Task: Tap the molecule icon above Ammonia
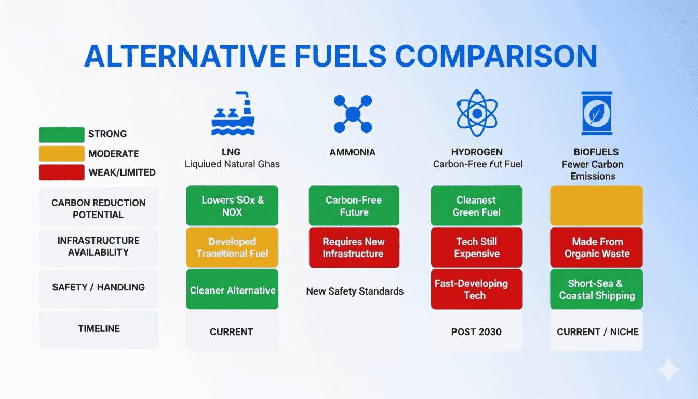(x=353, y=114)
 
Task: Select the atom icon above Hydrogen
(x=477, y=113)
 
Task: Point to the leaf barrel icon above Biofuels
(x=596, y=114)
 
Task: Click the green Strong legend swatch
(x=61, y=135)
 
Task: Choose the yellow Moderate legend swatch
(x=61, y=153)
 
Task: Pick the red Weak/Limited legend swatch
(x=61, y=172)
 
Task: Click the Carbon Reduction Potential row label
(x=98, y=208)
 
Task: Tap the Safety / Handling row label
(x=98, y=287)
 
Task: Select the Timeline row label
(x=99, y=328)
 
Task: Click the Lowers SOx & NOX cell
(x=232, y=206)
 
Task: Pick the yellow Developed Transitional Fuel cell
(x=232, y=247)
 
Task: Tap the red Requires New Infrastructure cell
(x=354, y=247)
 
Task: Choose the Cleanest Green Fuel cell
(x=476, y=206)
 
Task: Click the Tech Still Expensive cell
(x=476, y=247)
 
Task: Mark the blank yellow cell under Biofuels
(x=596, y=206)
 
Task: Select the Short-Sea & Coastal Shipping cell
(x=596, y=289)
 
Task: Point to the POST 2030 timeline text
(x=476, y=331)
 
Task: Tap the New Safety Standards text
(x=355, y=291)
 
